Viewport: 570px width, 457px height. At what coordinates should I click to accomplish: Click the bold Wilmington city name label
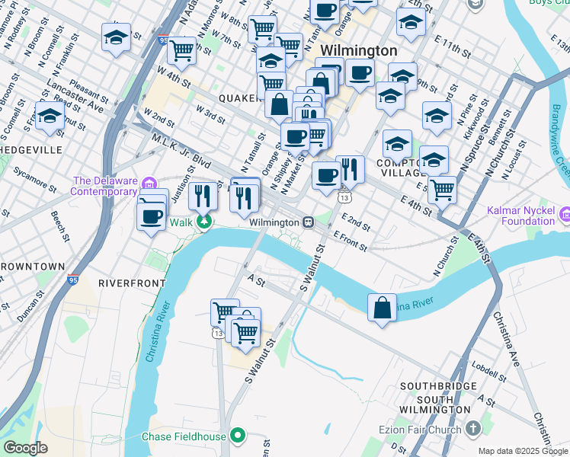pyautogui.click(x=358, y=50)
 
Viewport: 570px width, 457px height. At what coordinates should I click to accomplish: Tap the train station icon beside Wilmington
pyautogui.click(x=309, y=222)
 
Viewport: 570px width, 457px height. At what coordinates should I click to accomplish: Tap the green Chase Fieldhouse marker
pyautogui.click(x=238, y=436)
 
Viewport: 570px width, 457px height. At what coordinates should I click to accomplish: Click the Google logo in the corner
pyautogui.click(x=25, y=448)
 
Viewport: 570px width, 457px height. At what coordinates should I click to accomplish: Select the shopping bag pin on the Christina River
pyautogui.click(x=382, y=308)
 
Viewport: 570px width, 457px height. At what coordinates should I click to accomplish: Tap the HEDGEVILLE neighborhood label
pyautogui.click(x=31, y=150)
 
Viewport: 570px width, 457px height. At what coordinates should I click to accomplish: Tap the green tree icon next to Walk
pyautogui.click(x=204, y=222)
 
